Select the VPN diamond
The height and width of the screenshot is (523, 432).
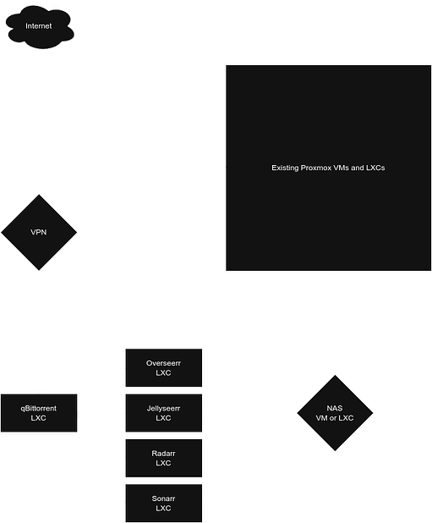39,231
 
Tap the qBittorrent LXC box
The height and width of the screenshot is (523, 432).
40,413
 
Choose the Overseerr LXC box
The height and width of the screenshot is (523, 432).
163,367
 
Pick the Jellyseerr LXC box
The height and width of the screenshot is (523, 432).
163,413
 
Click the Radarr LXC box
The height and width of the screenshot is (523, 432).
163,458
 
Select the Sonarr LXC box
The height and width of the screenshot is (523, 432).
163,503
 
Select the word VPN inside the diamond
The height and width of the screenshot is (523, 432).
39,232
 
